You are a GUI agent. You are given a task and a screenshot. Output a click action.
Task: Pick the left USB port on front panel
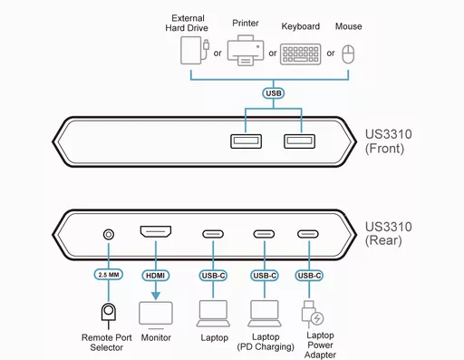pyautogui.click(x=246, y=141)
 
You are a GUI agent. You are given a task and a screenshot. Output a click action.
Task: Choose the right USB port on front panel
pyautogui.click(x=297, y=141)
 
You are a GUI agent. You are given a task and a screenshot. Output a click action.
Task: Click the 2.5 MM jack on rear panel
pyautogui.click(x=109, y=234)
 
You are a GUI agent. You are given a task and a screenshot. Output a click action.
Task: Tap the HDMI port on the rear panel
pyautogui.click(x=158, y=234)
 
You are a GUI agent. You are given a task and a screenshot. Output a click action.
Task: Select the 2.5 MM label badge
pyautogui.click(x=109, y=274)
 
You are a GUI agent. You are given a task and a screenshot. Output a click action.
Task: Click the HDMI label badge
pyautogui.click(x=156, y=274)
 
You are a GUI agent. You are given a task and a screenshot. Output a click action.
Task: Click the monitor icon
pyautogui.click(x=156, y=314)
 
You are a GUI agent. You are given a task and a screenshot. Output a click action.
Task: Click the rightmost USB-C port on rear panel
pyautogui.click(x=309, y=234)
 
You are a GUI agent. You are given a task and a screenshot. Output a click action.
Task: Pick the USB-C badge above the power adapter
pyautogui.click(x=309, y=274)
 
